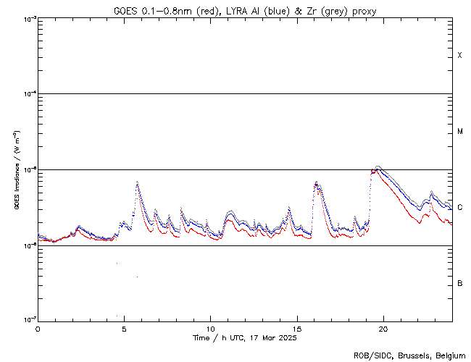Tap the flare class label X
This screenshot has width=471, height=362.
(x=460, y=56)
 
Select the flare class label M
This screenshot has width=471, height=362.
(x=460, y=132)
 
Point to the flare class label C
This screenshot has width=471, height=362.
(x=460, y=207)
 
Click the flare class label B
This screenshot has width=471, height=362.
(x=460, y=283)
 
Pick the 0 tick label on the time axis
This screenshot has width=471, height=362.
(x=38, y=328)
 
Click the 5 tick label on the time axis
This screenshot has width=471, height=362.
(x=124, y=328)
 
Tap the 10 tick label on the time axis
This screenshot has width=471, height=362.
(x=210, y=328)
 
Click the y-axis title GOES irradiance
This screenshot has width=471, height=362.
(x=16, y=169)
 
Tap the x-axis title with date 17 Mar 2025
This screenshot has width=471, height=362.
(x=245, y=338)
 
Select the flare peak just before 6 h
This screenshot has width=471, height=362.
(x=137, y=182)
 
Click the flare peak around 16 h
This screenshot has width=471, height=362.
(x=316, y=182)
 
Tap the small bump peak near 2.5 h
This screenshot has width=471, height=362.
(x=79, y=227)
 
